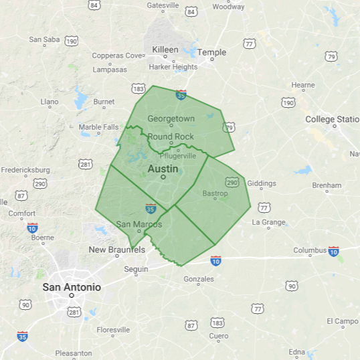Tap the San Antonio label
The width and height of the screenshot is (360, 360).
pos(72,287)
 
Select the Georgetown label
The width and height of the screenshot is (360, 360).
pos(171,118)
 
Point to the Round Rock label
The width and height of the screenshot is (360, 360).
pos(171,137)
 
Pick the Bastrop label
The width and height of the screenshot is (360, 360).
pos(215,193)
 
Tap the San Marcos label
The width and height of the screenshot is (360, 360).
pos(139,224)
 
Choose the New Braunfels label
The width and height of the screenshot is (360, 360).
pos(117,250)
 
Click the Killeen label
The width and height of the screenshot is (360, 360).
pos(165,50)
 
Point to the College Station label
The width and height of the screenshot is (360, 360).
pos(333,119)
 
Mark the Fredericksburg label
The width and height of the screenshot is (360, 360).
pos(25,169)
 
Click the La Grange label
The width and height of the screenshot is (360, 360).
pos(268,222)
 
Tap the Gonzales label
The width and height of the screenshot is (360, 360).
pos(199,278)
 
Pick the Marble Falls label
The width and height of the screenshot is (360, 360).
pos(98,127)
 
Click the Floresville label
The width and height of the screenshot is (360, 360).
pos(113,330)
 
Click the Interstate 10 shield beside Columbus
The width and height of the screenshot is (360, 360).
pos(333,251)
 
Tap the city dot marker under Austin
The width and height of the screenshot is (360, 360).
pos(163,177)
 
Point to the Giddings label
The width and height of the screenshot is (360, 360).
pos(261,183)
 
